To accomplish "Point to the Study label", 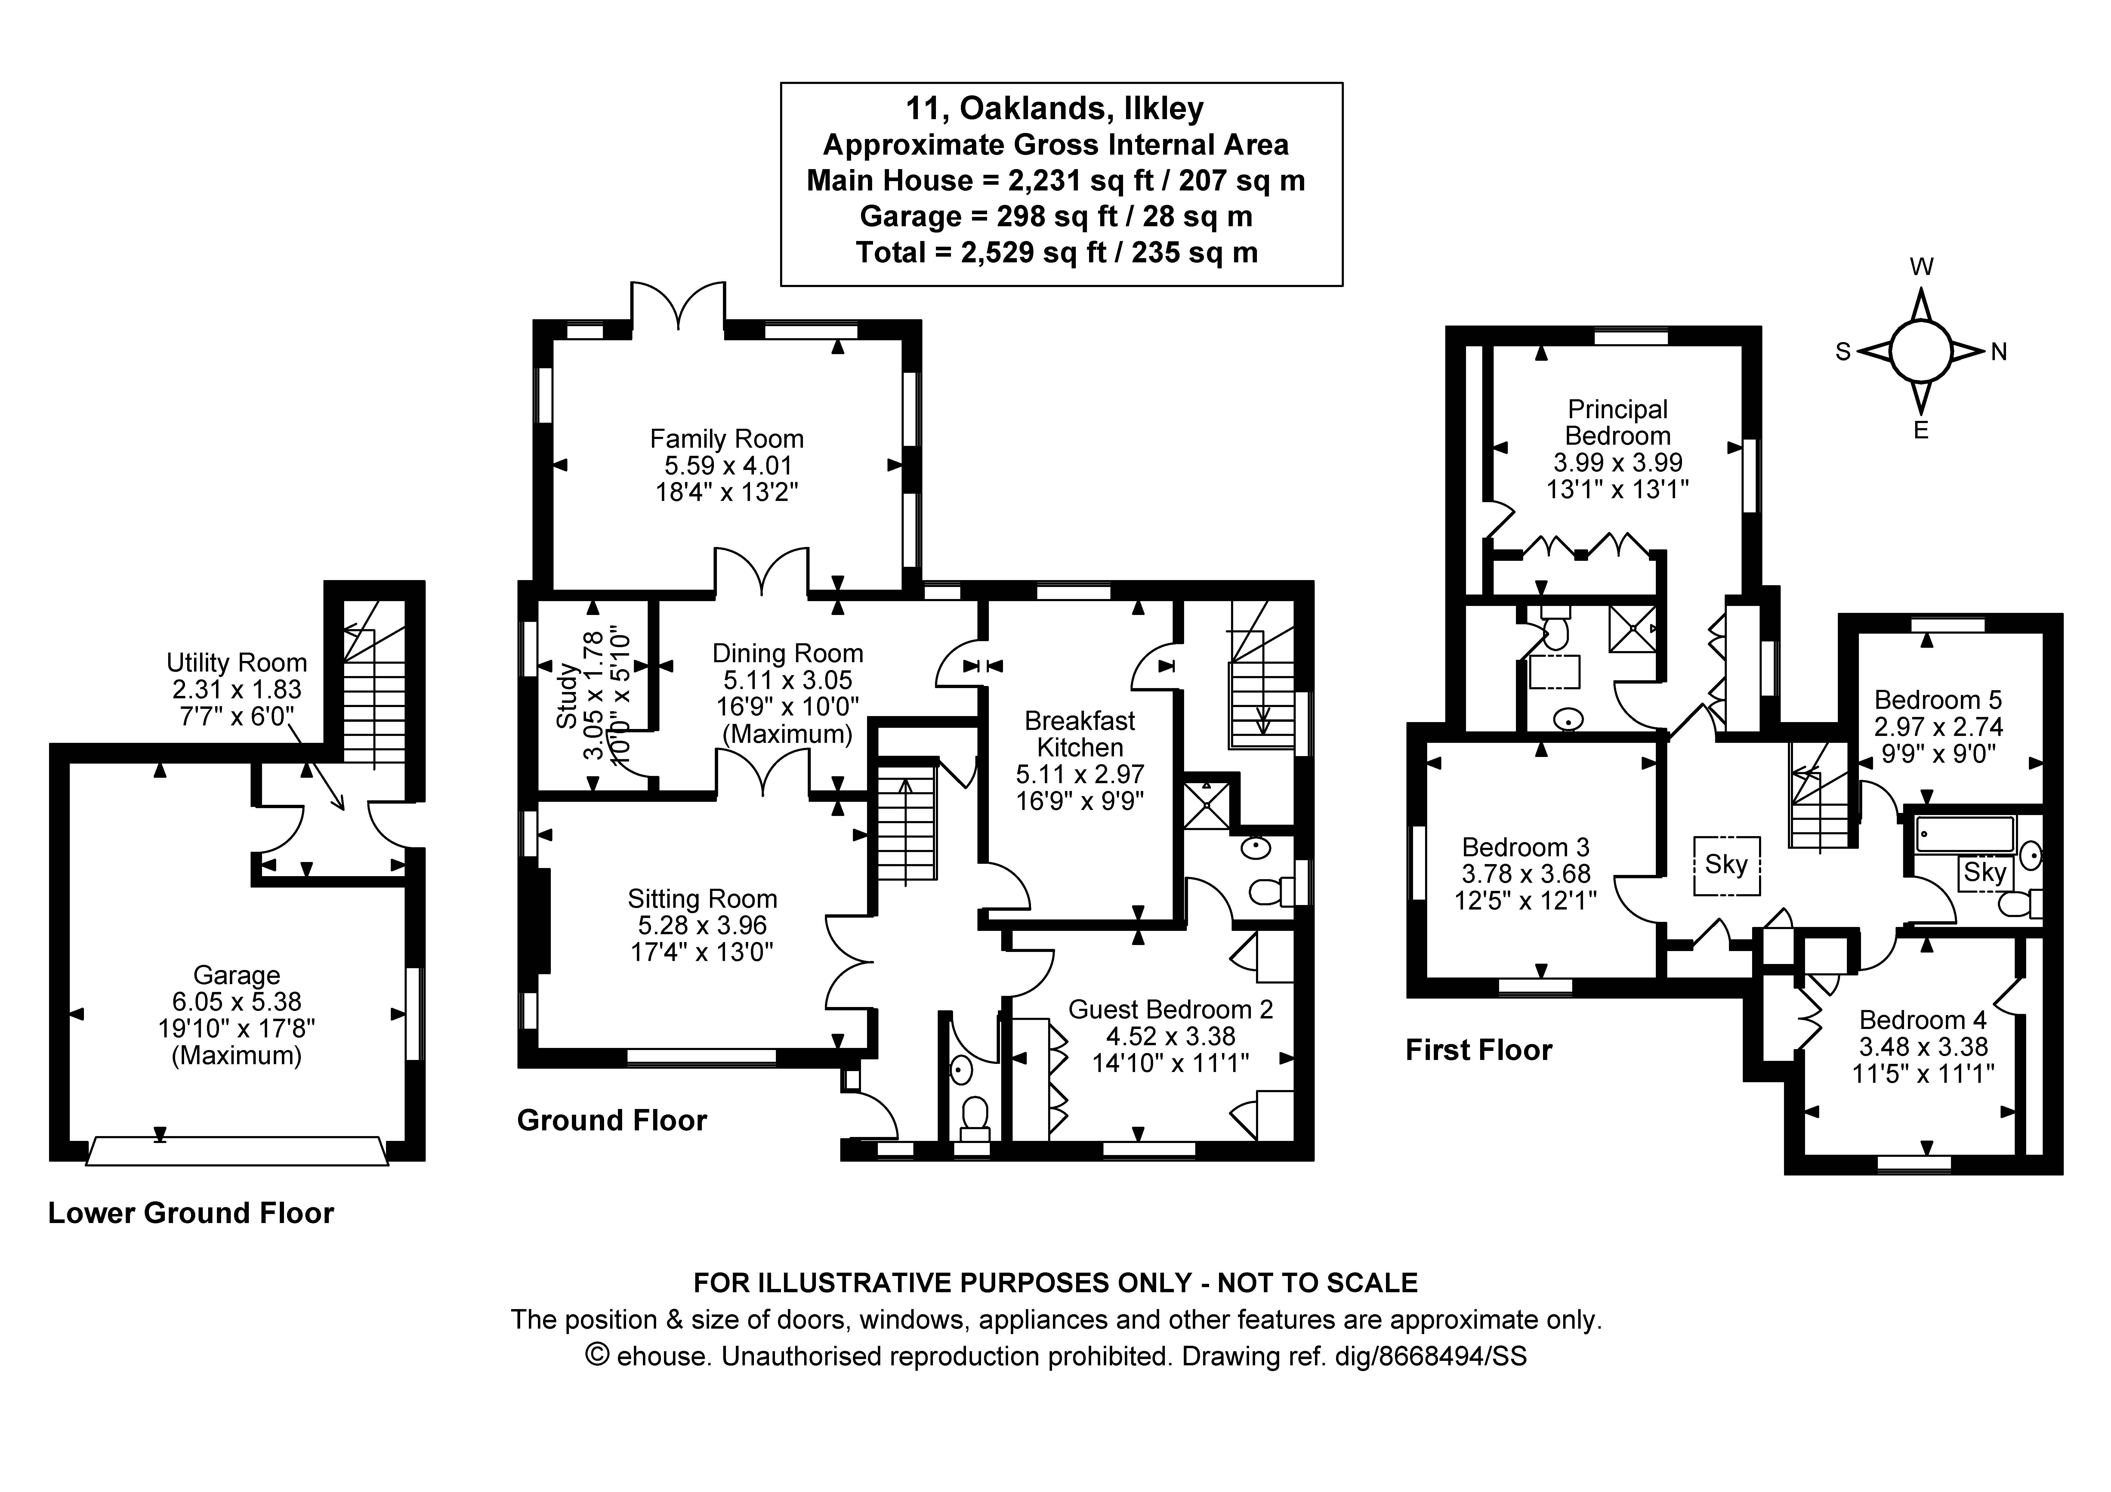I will pos(567,697).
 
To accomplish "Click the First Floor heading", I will pos(1478,1050).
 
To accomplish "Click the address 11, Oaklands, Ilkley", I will pos(1054,109).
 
